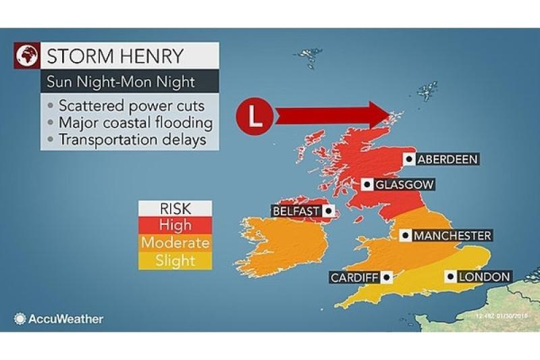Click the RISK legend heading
(x=175, y=208)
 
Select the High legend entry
(x=175, y=225)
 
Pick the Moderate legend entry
(x=175, y=242)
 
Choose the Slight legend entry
(x=175, y=260)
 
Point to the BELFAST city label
(x=296, y=211)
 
